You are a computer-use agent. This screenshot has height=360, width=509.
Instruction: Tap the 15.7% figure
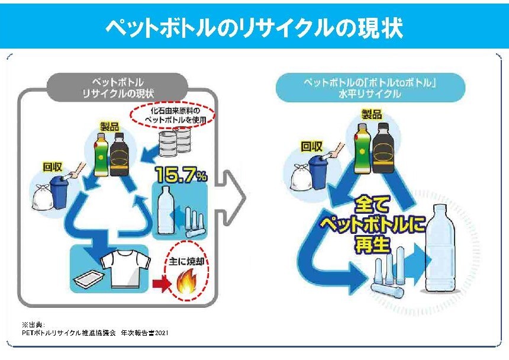click(181, 175)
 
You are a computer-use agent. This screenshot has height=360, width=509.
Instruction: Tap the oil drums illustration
click(176, 140)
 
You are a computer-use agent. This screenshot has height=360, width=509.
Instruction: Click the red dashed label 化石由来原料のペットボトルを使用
click(173, 115)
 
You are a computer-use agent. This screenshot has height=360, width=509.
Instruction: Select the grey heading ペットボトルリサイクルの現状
click(118, 87)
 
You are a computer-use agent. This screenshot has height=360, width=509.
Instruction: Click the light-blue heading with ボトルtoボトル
click(371, 87)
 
